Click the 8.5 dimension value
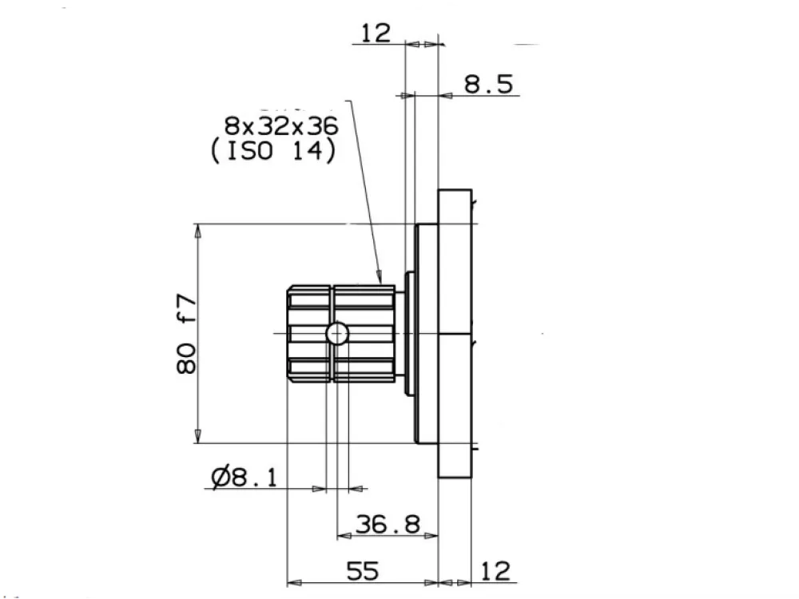488,84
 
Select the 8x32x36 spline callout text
281,126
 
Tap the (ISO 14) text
273,151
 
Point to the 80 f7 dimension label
186,334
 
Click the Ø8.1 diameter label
244,478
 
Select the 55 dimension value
363,571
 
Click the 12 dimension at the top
376,33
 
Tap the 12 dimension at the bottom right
495,571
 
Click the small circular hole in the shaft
337,334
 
